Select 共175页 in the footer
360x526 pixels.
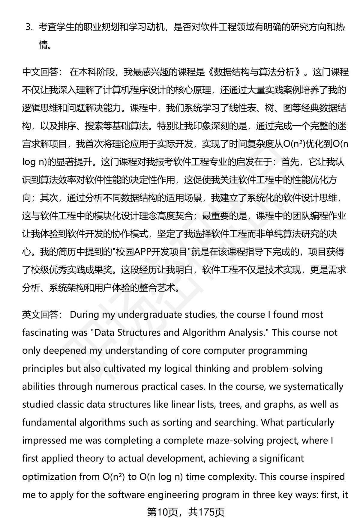(206, 512)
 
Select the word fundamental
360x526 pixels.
(49, 422)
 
